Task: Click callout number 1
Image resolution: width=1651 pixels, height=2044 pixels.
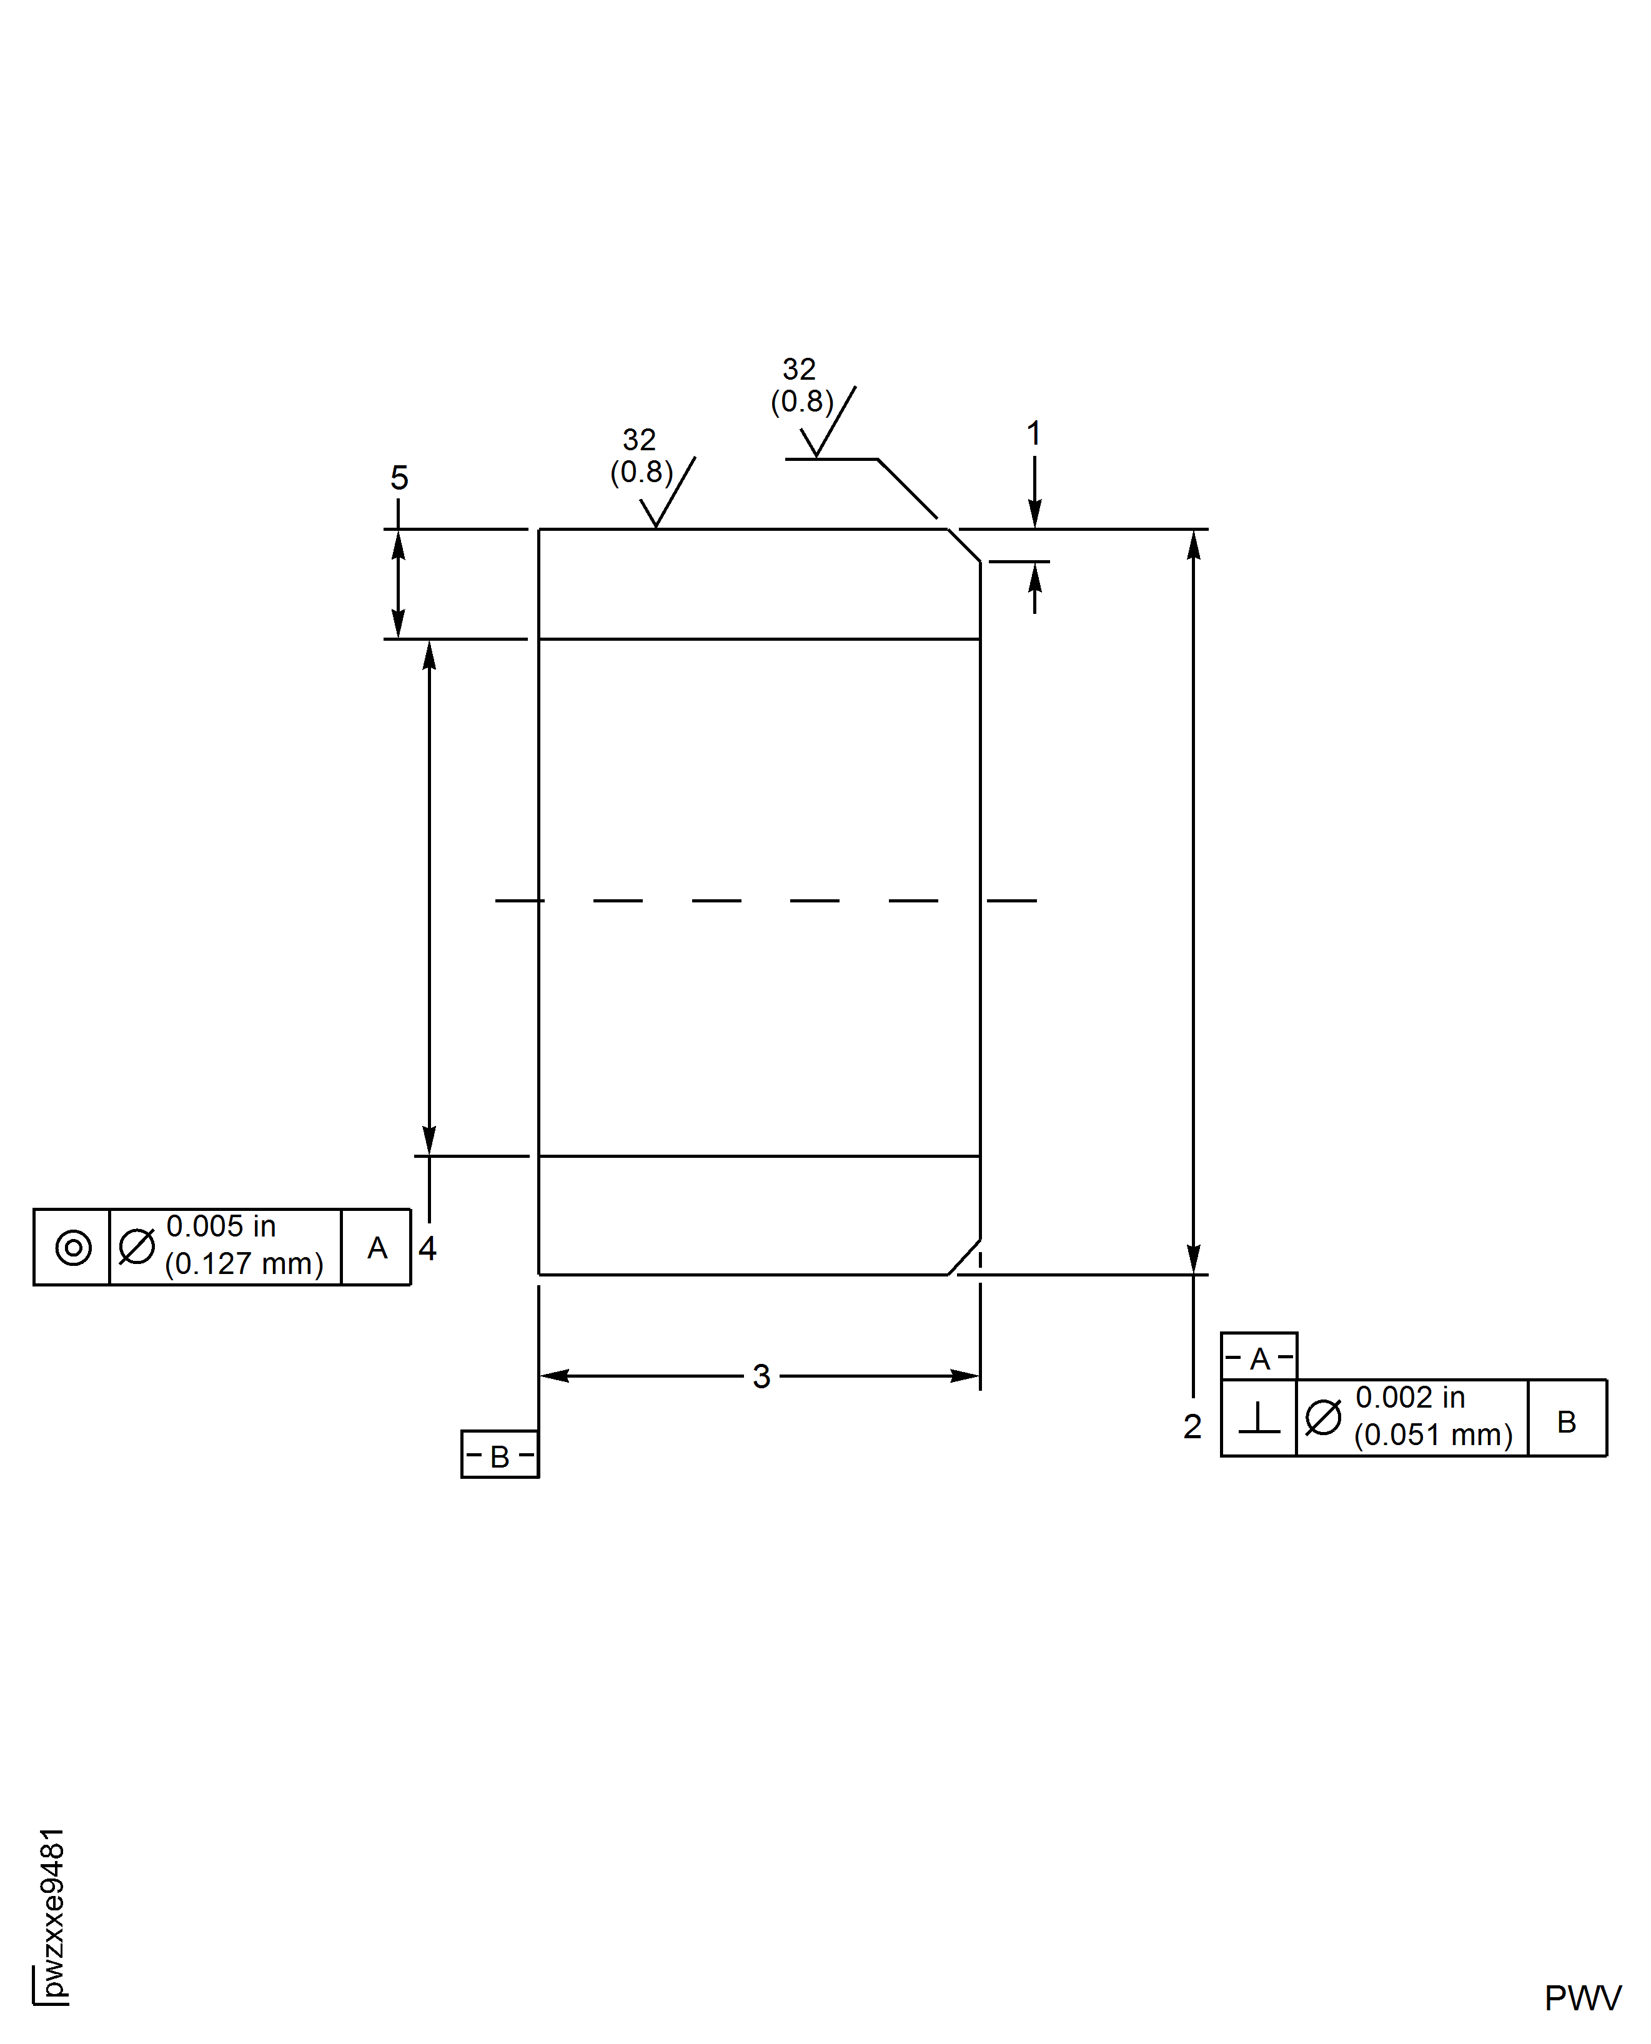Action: pos(1034,433)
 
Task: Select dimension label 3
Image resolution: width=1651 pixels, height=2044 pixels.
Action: pos(761,1376)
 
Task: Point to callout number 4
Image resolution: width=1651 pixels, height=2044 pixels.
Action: pos(428,1248)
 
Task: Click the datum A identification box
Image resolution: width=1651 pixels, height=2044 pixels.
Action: pos(1259,1358)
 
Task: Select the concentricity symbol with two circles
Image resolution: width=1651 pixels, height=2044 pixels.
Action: pos(73,1247)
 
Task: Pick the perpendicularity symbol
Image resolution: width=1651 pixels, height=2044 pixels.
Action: pos(1259,1418)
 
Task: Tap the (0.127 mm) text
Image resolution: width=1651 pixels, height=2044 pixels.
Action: pos(244,1265)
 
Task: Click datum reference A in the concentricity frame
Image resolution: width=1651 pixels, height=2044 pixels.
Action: pos(377,1247)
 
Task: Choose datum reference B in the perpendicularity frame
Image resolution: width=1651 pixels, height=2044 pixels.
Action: pos(1567,1421)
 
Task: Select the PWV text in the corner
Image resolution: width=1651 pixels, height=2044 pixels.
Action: pos(1582,1998)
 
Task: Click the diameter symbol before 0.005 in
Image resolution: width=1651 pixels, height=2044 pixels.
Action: pos(136,1247)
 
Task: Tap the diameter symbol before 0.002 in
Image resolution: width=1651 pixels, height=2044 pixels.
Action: pos(1323,1418)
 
